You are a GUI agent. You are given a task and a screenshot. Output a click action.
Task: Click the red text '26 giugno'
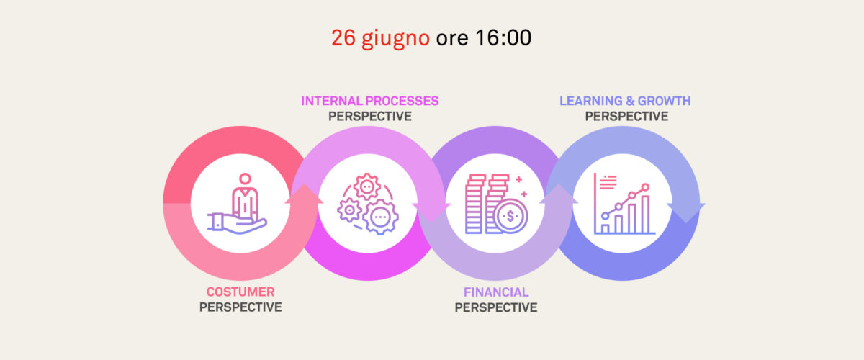tap(380, 39)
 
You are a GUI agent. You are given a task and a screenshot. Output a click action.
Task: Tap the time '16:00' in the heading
tap(503, 38)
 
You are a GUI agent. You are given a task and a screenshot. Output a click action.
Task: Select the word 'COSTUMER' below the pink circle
tap(240, 292)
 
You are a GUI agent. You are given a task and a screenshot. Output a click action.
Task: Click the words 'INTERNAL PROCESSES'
tap(370, 101)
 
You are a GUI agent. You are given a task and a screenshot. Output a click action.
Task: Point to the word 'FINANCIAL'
tap(496, 292)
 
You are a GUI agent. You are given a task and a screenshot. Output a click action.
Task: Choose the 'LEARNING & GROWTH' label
tap(625, 101)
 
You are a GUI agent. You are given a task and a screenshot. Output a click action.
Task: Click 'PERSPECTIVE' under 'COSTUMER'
tap(240, 307)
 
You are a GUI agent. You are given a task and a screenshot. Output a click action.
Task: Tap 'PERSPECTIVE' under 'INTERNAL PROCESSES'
tap(370, 116)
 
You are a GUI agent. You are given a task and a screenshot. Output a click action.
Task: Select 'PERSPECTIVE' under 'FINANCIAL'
tap(496, 307)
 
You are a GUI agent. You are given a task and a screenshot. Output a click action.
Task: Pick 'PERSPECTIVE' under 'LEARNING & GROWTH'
tap(626, 116)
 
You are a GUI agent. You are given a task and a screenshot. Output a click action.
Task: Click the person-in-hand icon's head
tap(245, 179)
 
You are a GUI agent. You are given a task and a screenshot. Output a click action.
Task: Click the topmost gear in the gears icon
tap(366, 187)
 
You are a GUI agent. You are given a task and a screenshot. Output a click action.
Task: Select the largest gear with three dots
tap(380, 217)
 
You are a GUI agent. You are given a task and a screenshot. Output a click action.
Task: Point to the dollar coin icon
tap(510, 216)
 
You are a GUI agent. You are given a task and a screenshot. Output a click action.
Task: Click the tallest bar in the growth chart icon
tap(645, 214)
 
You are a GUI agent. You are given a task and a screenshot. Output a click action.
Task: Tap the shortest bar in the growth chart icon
tap(606, 229)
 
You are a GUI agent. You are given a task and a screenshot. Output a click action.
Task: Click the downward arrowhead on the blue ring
tap(685, 212)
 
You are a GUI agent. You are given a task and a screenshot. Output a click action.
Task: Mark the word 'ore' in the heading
tap(452, 39)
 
